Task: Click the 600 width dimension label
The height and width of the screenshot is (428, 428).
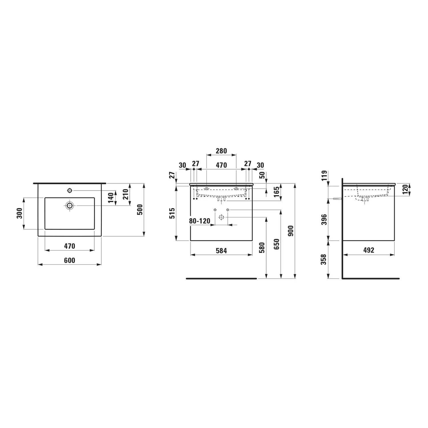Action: [x=69, y=260]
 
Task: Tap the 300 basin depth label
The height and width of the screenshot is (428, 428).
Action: [x=19, y=213]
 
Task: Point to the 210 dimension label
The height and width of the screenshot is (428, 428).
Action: [x=126, y=194]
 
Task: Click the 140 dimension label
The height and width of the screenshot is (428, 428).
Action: [x=111, y=198]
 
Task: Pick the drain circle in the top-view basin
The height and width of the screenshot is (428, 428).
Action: [x=70, y=205]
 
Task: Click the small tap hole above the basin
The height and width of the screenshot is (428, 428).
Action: [x=70, y=190]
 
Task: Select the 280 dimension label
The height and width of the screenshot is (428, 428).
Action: [x=221, y=151]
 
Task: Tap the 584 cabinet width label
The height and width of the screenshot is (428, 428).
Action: [x=221, y=251]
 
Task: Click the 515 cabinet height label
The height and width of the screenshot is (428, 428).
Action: [x=172, y=213]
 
